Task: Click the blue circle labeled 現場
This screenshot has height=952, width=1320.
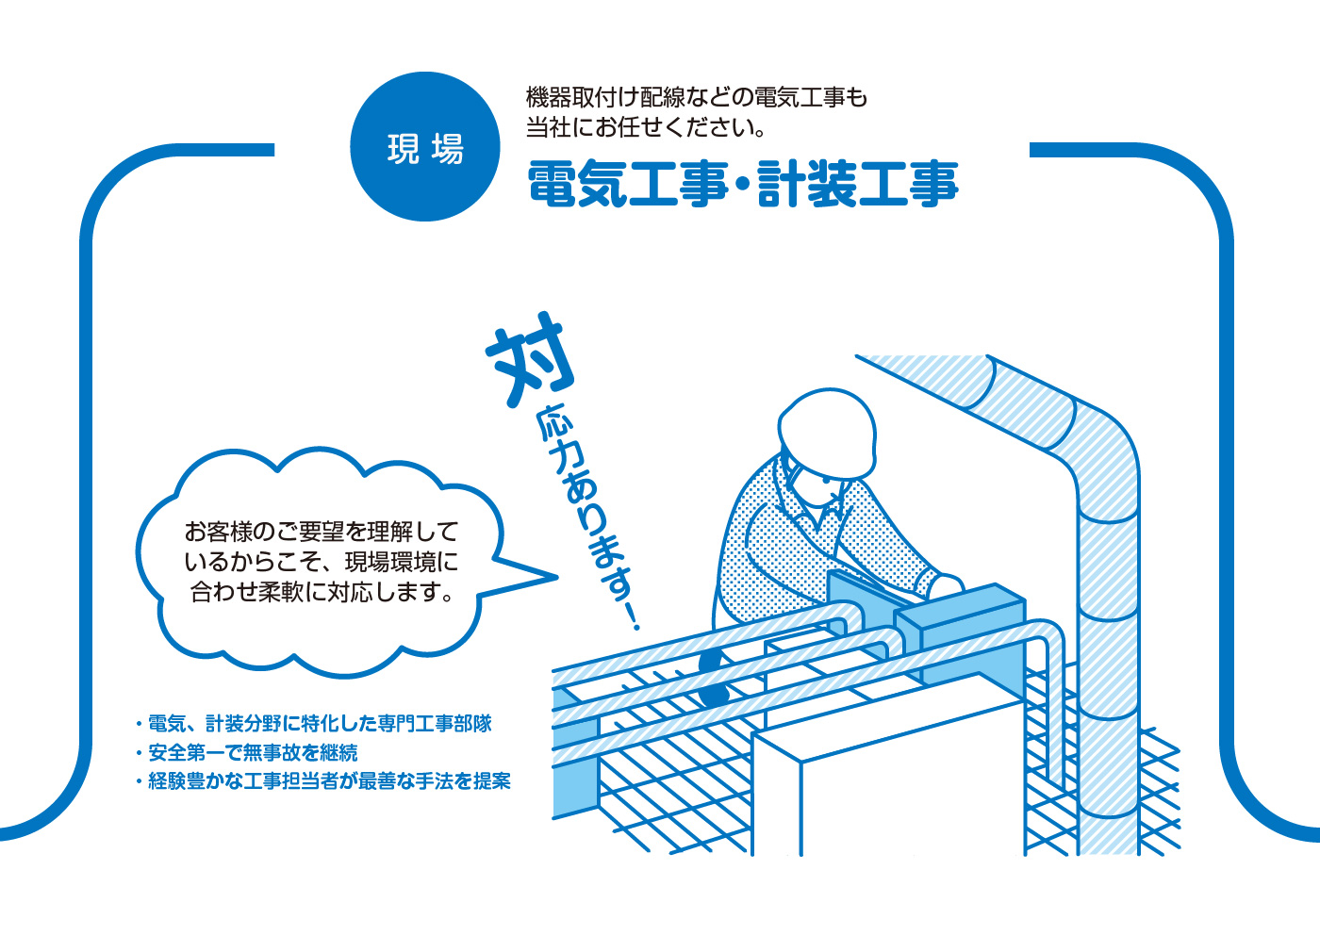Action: (x=425, y=147)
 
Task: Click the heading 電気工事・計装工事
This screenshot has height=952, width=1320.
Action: (x=743, y=184)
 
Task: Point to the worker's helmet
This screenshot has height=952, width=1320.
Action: (x=826, y=432)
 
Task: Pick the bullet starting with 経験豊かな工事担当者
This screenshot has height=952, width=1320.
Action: (x=322, y=781)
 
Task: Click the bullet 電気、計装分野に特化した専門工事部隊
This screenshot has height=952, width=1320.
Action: (x=313, y=724)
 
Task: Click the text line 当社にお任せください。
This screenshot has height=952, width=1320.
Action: (x=645, y=127)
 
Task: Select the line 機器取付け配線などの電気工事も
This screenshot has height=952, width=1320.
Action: (x=696, y=97)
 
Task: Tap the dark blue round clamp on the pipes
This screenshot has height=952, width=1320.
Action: (x=714, y=678)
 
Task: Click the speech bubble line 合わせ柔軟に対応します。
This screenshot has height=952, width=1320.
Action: (x=322, y=592)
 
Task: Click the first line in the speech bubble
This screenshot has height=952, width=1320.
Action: (x=322, y=532)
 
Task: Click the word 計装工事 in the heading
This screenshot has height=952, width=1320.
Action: (x=858, y=184)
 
